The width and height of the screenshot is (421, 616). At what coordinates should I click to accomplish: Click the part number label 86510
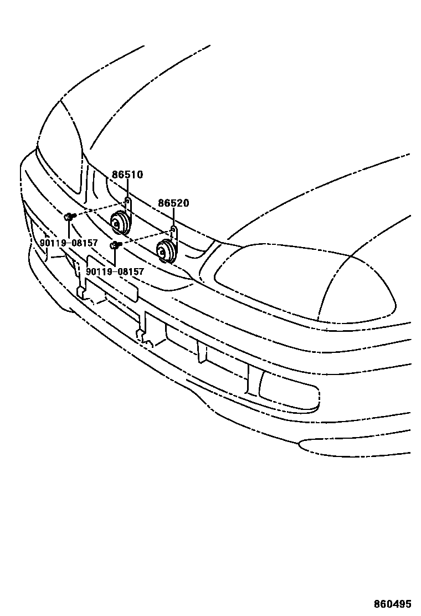[x=127, y=175]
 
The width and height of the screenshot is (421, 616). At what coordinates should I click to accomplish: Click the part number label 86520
[x=173, y=203]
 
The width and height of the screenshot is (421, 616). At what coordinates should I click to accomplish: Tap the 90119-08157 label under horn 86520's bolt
[x=115, y=272]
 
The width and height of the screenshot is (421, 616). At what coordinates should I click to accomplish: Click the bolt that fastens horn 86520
[x=116, y=244]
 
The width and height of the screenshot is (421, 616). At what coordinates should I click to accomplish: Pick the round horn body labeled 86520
[x=166, y=251]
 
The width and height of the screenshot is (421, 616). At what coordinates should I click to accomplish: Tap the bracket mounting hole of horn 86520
[x=173, y=229]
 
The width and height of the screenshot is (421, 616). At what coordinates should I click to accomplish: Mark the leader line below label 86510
[x=127, y=188]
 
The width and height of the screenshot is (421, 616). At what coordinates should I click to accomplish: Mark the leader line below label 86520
[x=173, y=217]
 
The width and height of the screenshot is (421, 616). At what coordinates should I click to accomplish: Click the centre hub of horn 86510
[x=116, y=223]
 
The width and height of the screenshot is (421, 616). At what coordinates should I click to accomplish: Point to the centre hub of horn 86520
[x=162, y=253]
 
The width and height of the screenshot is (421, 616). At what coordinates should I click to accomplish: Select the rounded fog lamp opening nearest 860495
[x=288, y=391]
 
